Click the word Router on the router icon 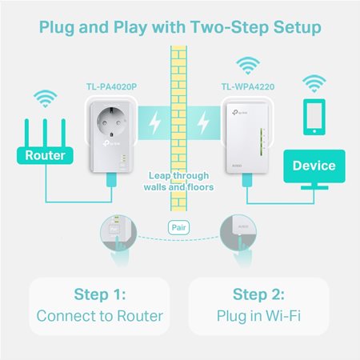[45, 155]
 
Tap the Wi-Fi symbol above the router [45, 100]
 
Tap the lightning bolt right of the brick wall [205, 124]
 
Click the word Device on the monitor [314, 166]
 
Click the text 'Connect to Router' [99, 316]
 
